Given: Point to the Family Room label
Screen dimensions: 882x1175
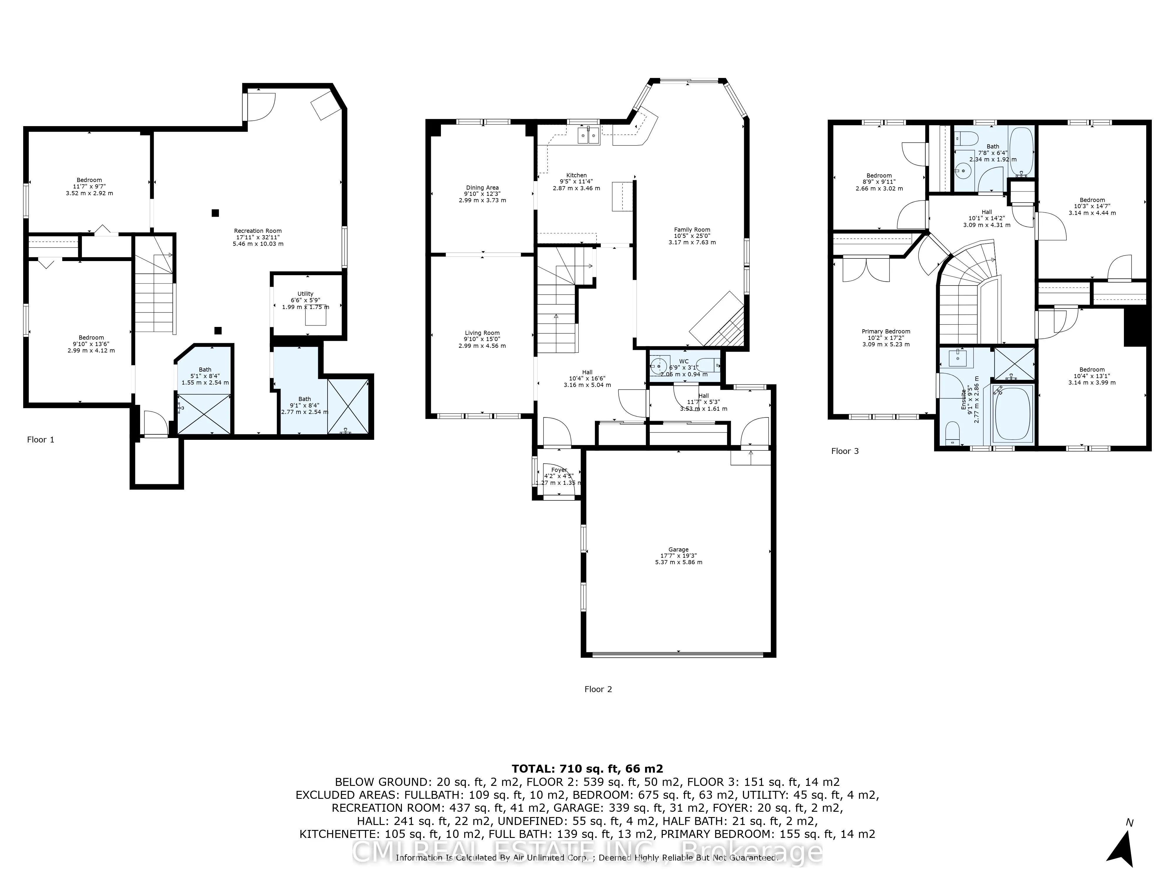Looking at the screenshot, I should (x=692, y=230).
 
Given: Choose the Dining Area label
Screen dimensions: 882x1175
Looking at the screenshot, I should (x=482, y=188).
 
